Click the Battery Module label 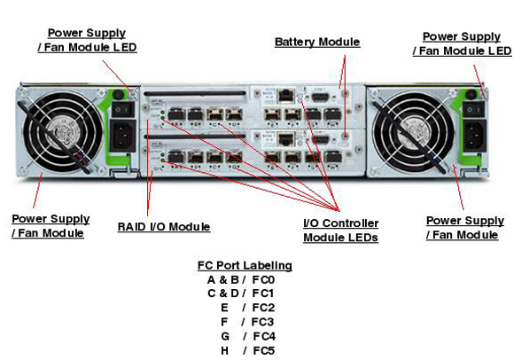[316, 42]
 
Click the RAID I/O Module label [163, 227]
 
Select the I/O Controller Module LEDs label [340, 230]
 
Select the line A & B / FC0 [240, 279]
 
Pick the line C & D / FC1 [240, 292]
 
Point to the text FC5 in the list [263, 351]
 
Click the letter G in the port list [225, 337]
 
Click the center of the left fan [65, 128]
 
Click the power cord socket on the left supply [122, 137]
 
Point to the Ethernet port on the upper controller [286, 94]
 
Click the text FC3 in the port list [263, 322]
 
